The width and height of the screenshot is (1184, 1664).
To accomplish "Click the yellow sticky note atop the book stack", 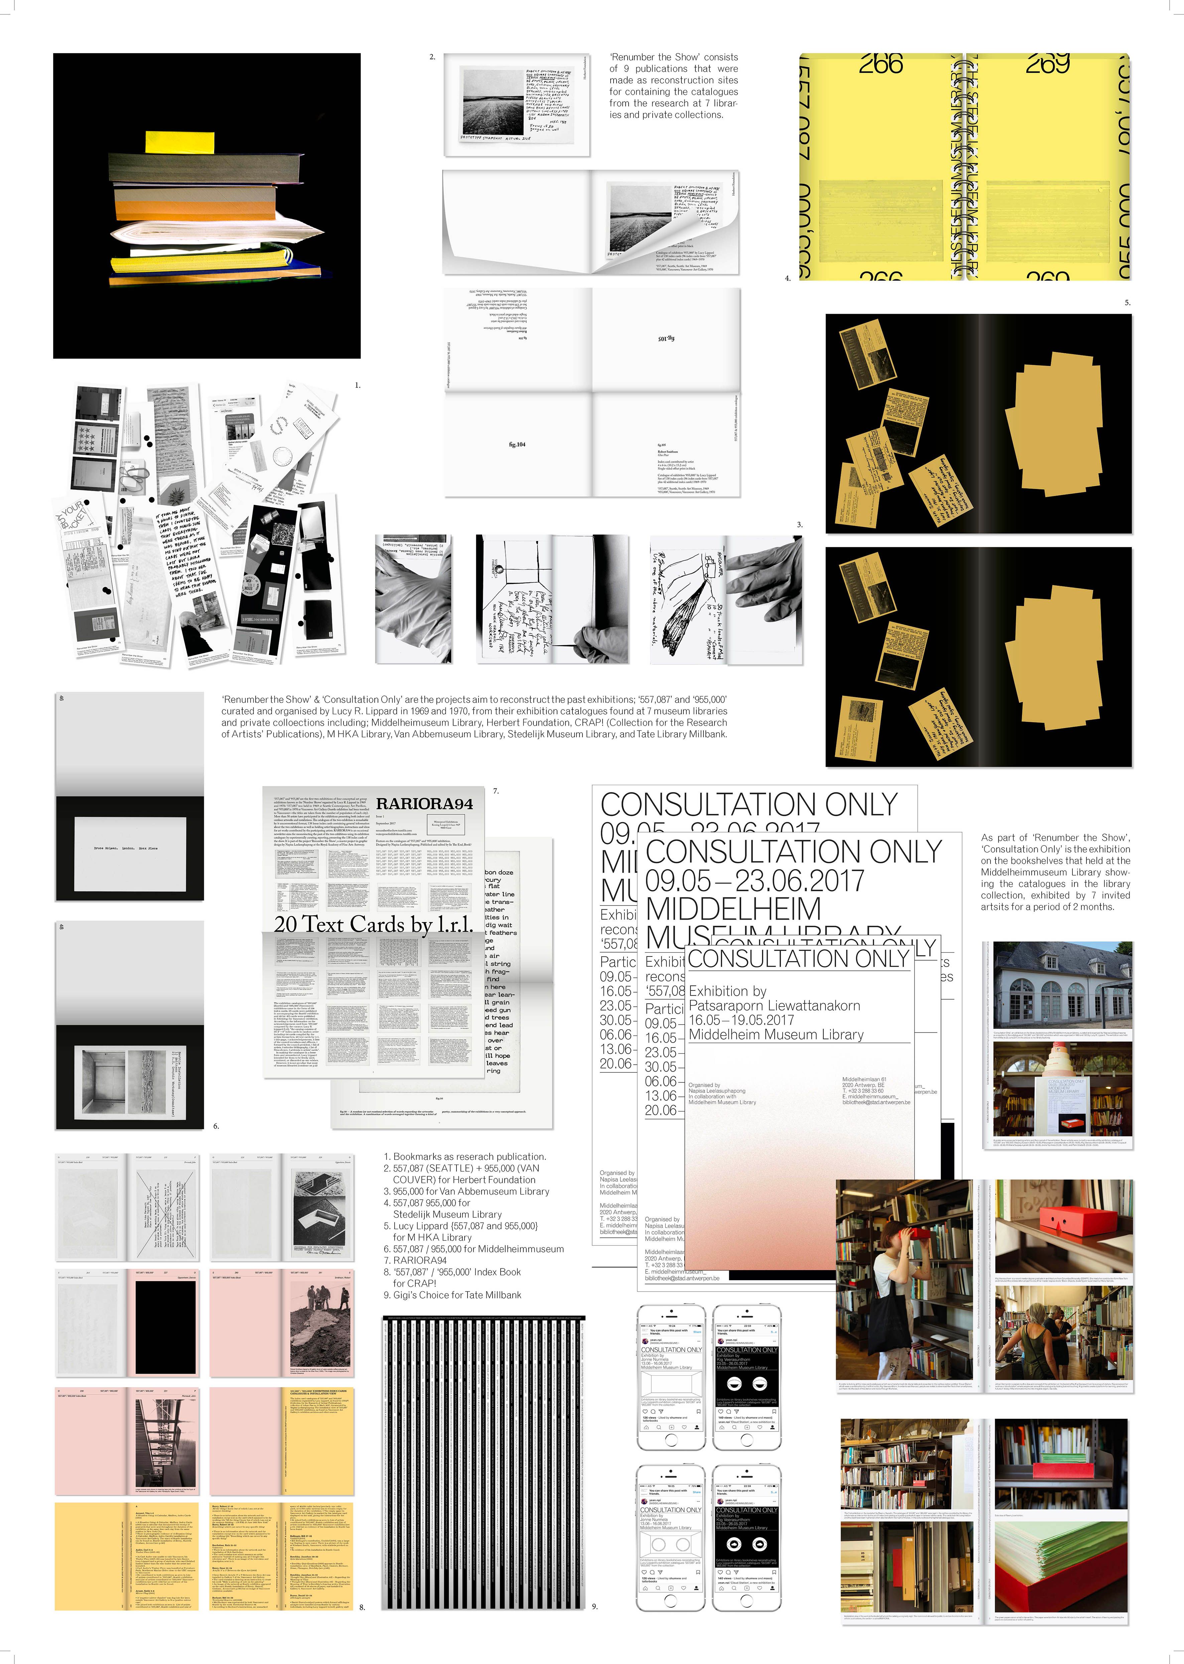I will (x=179, y=142).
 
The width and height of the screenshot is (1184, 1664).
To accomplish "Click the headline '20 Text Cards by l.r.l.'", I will (x=373, y=924).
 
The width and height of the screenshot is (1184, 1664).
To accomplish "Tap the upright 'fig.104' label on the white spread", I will (x=517, y=444).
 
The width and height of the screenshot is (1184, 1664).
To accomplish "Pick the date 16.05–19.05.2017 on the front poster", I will (x=741, y=1020).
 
